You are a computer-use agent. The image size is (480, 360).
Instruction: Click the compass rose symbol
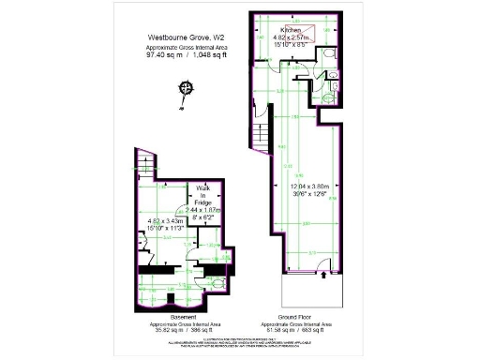tap(186, 88)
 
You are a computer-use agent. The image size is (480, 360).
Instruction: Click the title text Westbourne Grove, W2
tap(184, 38)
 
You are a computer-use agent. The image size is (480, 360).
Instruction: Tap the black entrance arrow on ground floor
tap(324, 275)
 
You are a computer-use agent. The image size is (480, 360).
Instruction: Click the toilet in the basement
tap(217, 280)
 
